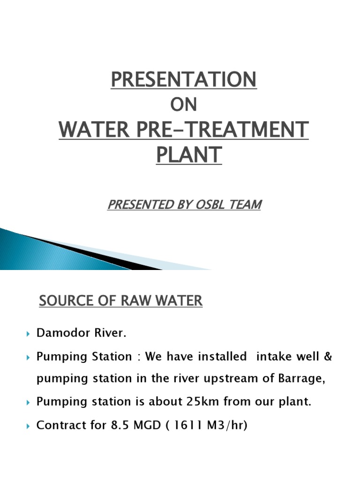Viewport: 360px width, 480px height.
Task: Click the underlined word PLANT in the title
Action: point(188,155)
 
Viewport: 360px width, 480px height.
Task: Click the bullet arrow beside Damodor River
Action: point(27,334)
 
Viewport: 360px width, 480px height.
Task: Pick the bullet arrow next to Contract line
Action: point(27,426)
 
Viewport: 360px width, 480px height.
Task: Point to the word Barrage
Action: point(300,379)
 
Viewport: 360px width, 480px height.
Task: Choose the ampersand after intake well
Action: point(327,356)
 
